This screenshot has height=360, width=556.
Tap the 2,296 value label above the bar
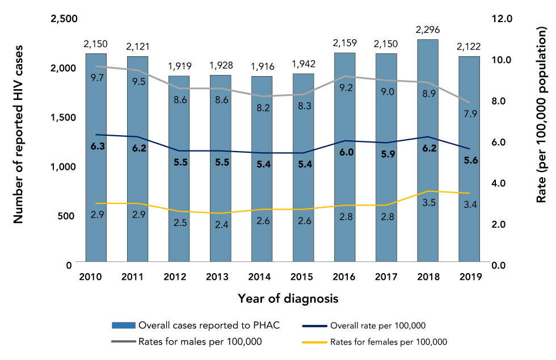[x=428, y=30]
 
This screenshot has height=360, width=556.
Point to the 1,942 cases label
[x=304, y=64]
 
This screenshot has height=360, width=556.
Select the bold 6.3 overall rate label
[x=96, y=146]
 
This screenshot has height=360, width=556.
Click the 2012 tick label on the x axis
[x=179, y=277]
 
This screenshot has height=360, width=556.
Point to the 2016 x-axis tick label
[x=345, y=277]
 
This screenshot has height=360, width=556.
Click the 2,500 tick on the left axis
[x=64, y=19]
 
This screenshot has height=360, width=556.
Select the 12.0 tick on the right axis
[x=502, y=19]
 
